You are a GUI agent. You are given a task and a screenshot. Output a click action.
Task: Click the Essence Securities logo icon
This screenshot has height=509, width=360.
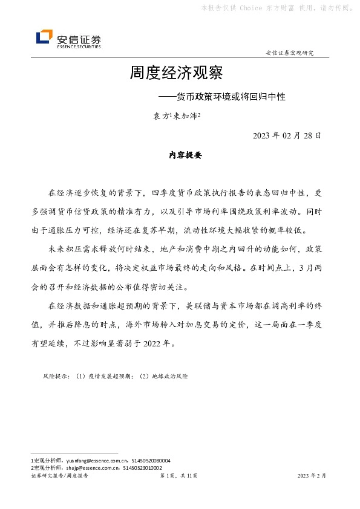click(44, 37)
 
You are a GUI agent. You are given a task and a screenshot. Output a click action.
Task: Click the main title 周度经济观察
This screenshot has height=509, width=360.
click(176, 74)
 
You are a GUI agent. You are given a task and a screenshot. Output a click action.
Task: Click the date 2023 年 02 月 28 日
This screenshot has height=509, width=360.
click(287, 135)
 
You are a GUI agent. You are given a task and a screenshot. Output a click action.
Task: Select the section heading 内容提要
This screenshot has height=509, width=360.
click(185, 155)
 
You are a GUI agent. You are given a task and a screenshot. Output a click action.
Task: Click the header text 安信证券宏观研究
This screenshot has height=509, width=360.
click(290, 53)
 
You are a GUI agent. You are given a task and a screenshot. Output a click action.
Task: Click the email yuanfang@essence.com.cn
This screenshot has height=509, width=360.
click(90, 460)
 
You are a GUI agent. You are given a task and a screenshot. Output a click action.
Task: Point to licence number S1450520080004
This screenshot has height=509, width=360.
click(146, 460)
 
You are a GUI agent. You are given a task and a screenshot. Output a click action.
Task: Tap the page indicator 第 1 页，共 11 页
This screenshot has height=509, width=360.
click(178, 476)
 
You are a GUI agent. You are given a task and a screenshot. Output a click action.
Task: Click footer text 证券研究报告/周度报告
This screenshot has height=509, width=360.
click(59, 476)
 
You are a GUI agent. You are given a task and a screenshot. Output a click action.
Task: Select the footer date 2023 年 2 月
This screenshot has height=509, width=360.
click(312, 476)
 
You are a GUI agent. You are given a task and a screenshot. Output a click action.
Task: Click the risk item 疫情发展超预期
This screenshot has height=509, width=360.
click(111, 376)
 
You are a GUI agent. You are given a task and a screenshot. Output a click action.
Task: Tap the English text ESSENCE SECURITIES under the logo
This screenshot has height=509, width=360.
click(79, 46)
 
